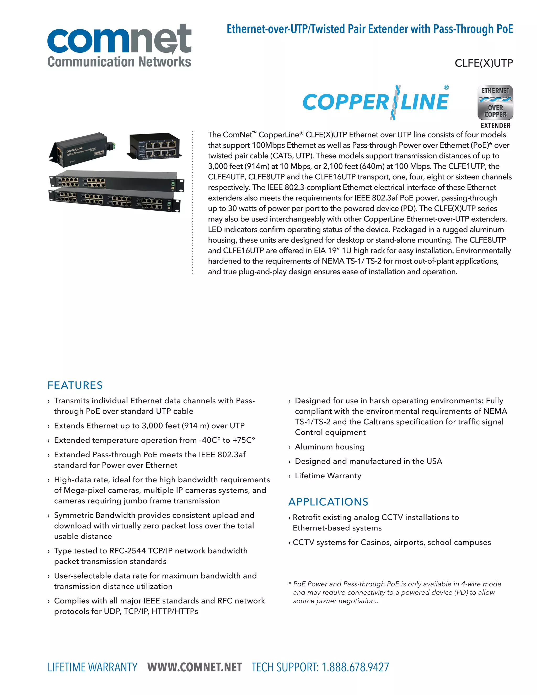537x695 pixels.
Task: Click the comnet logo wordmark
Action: [119, 39]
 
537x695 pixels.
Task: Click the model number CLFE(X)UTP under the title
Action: [484, 63]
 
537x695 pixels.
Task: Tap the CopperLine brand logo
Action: [375, 102]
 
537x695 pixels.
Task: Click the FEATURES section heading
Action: [75, 385]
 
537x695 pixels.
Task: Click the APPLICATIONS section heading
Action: [328, 502]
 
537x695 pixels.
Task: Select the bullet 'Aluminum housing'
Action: [330, 447]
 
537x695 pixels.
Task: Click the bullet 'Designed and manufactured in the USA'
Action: [368, 461]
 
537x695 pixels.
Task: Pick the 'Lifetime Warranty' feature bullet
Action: [328, 476]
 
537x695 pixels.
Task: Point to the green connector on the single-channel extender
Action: [111, 146]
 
